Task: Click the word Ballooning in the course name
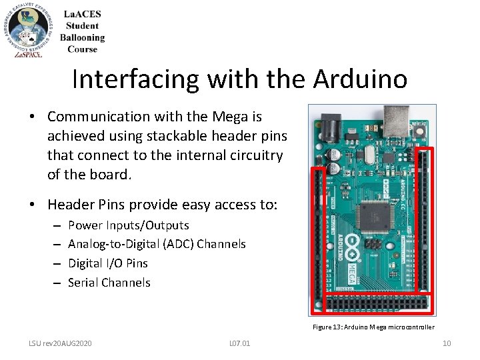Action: [82, 38]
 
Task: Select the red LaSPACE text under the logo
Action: [28, 54]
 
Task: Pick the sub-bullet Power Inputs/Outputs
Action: [129, 225]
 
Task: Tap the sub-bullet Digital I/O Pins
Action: [108, 263]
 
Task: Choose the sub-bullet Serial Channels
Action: [109, 283]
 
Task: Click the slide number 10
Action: [447, 343]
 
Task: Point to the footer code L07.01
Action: [239, 343]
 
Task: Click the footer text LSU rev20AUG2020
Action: [60, 343]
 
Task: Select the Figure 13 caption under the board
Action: [373, 327]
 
